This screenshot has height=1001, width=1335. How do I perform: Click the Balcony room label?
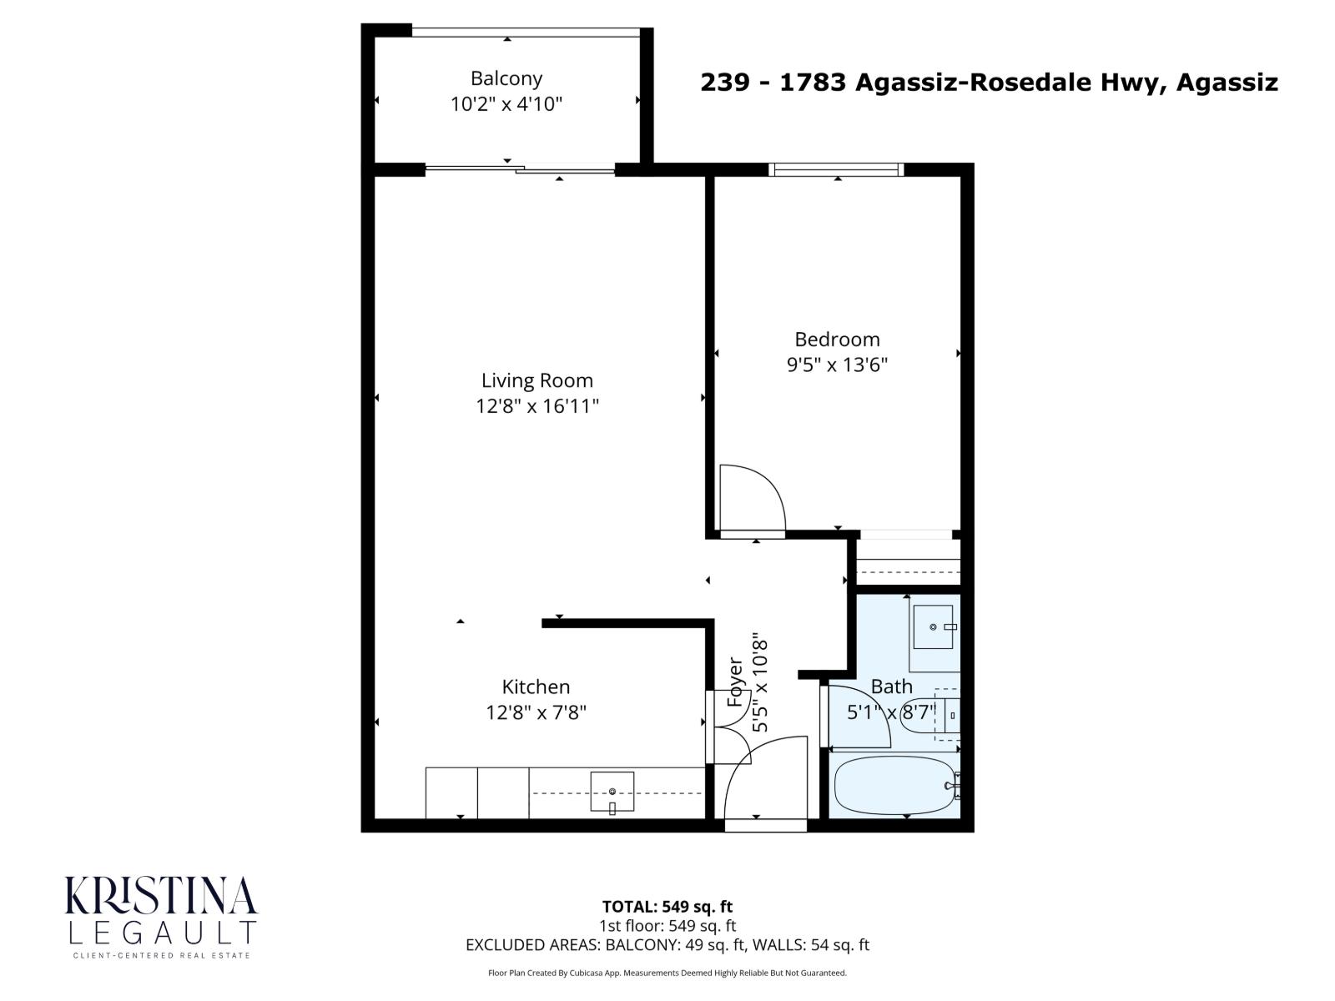click(506, 78)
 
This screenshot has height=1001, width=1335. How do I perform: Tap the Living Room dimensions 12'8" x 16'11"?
click(537, 406)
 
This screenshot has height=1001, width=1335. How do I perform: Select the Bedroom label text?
click(837, 340)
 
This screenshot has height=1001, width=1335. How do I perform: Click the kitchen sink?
click(612, 791)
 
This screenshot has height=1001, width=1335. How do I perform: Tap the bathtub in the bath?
click(893, 786)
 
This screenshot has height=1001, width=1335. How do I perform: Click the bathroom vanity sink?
click(933, 626)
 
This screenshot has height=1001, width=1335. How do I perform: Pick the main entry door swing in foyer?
click(761, 776)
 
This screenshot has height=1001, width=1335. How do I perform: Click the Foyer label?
click(735, 682)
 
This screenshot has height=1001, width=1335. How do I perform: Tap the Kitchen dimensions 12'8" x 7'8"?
click(537, 713)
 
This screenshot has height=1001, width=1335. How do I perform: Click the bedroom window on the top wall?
click(837, 169)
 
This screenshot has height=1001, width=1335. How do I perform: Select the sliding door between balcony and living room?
click(520, 170)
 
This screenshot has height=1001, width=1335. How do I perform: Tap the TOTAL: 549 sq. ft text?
click(667, 907)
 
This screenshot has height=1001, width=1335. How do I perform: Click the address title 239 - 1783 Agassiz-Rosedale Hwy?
click(988, 83)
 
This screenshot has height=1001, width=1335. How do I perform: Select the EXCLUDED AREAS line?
click(667, 945)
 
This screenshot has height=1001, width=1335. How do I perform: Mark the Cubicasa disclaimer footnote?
click(667, 973)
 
